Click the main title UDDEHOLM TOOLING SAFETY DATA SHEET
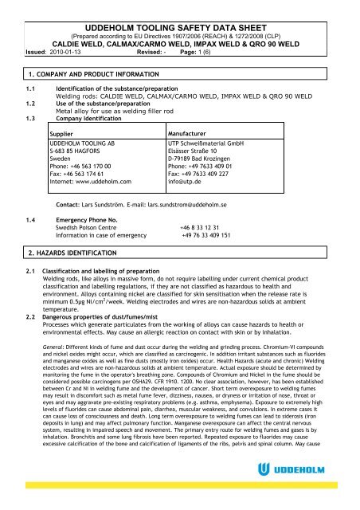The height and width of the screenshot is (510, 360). [180, 9]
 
